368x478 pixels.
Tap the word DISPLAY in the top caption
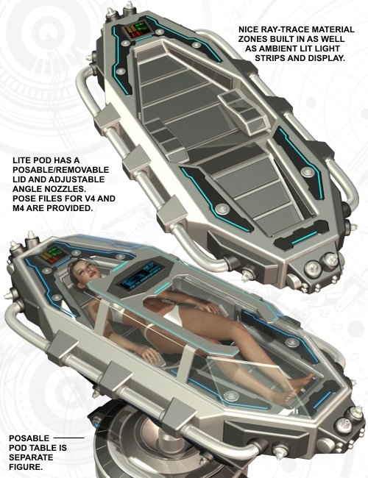coord(326,58)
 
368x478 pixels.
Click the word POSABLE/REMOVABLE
coord(61,170)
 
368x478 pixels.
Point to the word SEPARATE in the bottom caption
coord(31,457)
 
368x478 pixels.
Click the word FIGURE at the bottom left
coord(26,467)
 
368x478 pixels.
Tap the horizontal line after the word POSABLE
coord(69,438)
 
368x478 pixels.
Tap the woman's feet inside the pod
coord(297,387)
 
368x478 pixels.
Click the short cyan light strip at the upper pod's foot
coord(304,238)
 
